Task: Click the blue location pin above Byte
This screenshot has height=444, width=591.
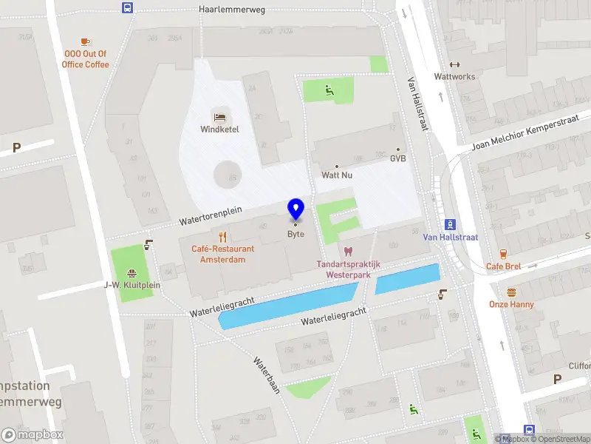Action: pyautogui.click(x=295, y=209)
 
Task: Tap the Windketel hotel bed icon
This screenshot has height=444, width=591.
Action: pyautogui.click(x=219, y=117)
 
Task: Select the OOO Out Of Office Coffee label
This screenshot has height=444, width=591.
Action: pyautogui.click(x=86, y=59)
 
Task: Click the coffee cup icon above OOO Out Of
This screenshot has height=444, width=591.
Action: pyautogui.click(x=86, y=41)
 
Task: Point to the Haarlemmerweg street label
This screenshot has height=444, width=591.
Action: pyautogui.click(x=232, y=10)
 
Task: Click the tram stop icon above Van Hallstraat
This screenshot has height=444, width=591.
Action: pyautogui.click(x=450, y=225)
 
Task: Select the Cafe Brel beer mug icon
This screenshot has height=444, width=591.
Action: pyautogui.click(x=504, y=254)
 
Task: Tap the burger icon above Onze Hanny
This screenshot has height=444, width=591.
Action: pyautogui.click(x=511, y=292)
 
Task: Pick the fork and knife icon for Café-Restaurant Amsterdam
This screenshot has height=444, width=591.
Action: pyautogui.click(x=222, y=237)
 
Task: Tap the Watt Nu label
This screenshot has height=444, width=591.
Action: pyautogui.click(x=336, y=175)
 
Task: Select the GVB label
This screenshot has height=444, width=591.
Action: pyautogui.click(x=398, y=158)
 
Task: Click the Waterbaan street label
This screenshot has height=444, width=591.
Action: pyautogui.click(x=267, y=376)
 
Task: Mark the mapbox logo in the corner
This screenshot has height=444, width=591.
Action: pyautogui.click(x=33, y=434)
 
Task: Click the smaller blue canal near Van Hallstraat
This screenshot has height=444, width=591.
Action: pyautogui.click(x=407, y=279)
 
